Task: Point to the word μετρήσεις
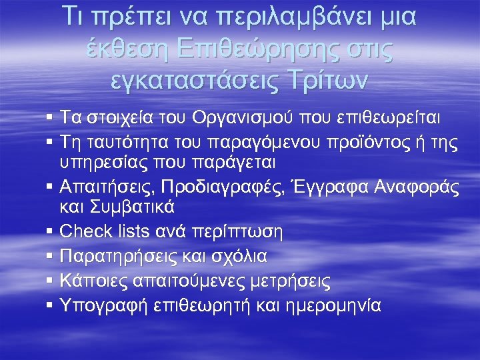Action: click(290, 281)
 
